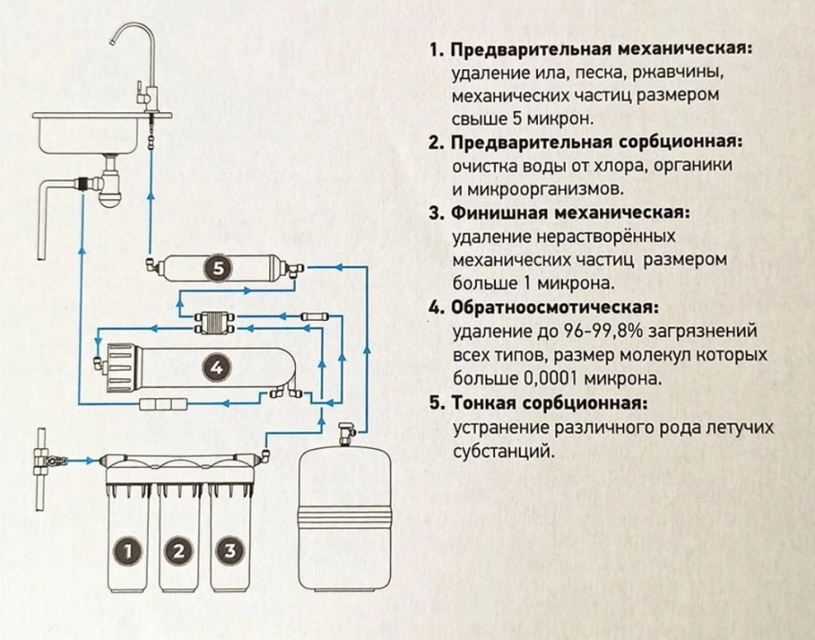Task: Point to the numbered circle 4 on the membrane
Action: click(216, 366)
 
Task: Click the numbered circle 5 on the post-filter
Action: click(216, 269)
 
